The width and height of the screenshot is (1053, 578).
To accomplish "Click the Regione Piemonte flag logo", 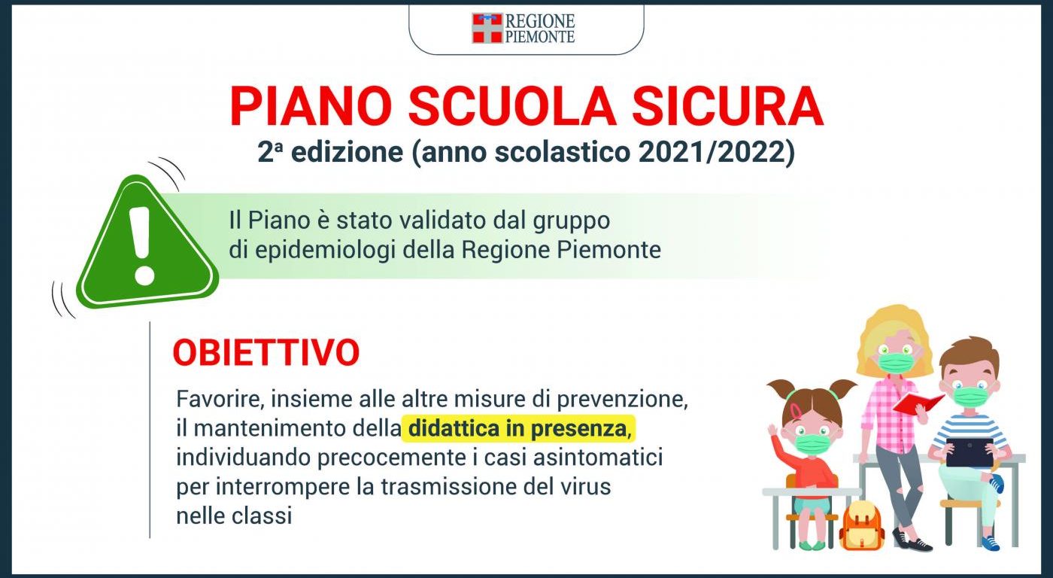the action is coord(487,28).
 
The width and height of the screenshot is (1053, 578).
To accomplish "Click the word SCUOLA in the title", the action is coord(512,106).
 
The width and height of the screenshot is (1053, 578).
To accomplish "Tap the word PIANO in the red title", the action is coord(311,106).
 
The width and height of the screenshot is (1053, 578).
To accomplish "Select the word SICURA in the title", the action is coord(727,106).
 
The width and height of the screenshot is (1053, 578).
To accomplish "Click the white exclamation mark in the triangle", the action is coord(144,245).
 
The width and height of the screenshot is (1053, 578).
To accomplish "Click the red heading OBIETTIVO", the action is coord(266,352).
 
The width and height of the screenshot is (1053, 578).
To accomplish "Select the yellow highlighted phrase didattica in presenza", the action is coord(517,428).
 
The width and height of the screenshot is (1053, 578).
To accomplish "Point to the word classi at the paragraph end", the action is coord(262,516).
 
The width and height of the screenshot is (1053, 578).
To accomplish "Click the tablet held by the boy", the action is coord(970,452).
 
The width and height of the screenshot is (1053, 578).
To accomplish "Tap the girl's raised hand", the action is coord(772,430).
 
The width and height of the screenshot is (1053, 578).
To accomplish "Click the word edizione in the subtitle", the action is coord(347,152).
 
